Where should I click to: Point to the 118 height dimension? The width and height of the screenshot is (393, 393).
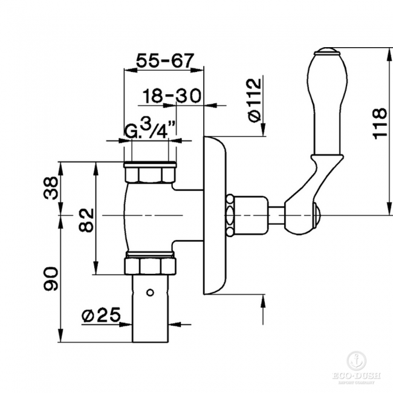click(x=378, y=123)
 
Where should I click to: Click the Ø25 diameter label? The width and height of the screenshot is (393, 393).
click(x=101, y=315)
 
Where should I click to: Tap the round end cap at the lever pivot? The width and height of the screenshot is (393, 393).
click(x=316, y=212)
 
